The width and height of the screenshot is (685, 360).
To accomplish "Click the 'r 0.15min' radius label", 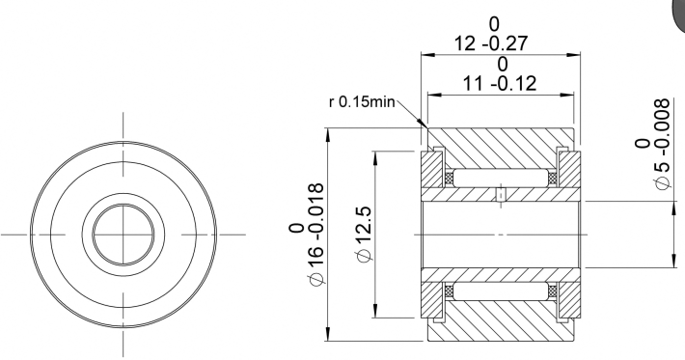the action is (362, 101).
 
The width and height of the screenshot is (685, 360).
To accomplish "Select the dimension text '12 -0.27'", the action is (491, 43).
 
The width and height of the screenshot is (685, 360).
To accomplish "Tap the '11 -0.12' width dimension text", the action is (500, 83).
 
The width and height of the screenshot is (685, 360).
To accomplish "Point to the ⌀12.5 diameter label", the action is (365, 234).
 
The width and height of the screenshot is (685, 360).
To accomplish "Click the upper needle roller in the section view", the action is (501, 178).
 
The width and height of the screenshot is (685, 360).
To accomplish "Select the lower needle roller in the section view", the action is (501, 291).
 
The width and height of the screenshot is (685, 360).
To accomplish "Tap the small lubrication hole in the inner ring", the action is (501, 195).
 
